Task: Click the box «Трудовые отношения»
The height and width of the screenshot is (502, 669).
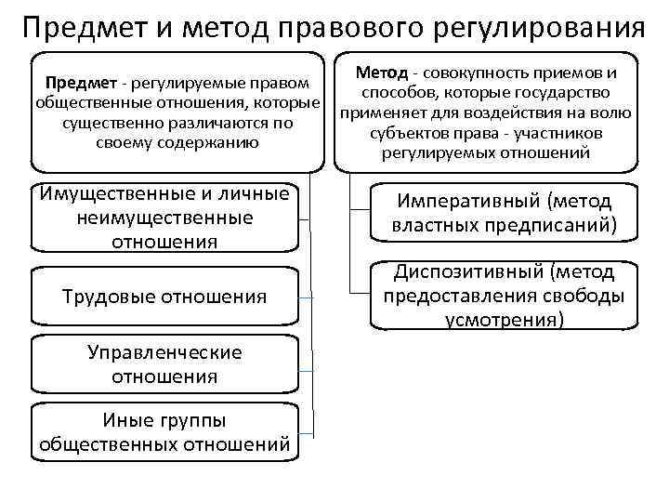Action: click(x=164, y=297)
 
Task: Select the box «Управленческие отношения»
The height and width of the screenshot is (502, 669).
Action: click(x=164, y=364)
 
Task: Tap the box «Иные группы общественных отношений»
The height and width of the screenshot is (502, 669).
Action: click(x=164, y=432)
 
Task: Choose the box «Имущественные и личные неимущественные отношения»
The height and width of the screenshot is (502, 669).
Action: click(x=164, y=217)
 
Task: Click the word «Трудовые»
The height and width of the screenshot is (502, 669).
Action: click(x=107, y=297)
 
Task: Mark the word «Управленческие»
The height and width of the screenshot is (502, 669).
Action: click(x=164, y=352)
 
